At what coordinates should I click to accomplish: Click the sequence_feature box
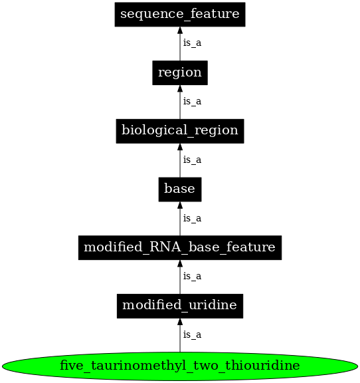click(180, 14)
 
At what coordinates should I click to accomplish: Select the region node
click(180, 72)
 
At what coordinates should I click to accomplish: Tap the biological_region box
click(180, 130)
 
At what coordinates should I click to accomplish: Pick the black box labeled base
click(180, 189)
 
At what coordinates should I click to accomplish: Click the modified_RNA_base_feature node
click(180, 247)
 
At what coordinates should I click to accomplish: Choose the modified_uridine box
click(180, 306)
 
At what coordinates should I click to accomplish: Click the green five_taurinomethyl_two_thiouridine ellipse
click(180, 366)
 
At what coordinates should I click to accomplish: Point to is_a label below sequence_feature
click(192, 43)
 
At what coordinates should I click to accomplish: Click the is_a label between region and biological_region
click(192, 102)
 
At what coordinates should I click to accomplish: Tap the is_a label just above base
click(192, 160)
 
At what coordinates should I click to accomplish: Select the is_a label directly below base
click(192, 218)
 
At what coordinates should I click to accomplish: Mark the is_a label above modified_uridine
click(192, 277)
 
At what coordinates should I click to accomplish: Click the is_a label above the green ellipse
click(192, 335)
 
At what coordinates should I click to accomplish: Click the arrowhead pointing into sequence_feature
click(180, 31)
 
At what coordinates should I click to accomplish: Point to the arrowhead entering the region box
click(180, 89)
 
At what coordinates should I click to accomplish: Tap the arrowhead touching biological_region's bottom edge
click(180, 148)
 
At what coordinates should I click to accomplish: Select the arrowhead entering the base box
click(180, 206)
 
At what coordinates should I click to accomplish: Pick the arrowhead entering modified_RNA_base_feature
click(180, 265)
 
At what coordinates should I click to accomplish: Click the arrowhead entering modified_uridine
click(180, 323)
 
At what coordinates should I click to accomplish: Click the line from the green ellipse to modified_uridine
click(180, 340)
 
